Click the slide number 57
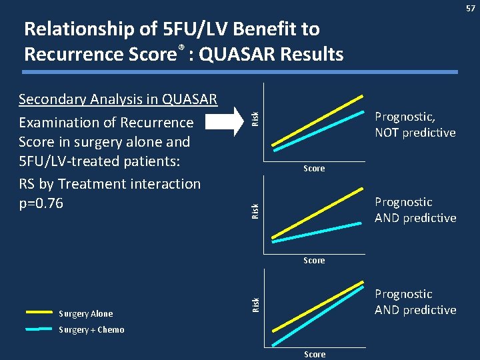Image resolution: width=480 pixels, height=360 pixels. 471,7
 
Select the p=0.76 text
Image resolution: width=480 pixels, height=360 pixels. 41,203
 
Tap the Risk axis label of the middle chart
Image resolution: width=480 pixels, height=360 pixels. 255,211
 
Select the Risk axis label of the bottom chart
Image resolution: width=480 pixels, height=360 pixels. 255,304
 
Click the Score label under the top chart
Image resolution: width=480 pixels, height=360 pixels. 314,169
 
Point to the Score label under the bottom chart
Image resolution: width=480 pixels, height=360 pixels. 315,354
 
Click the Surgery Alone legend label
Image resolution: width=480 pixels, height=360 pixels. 86,314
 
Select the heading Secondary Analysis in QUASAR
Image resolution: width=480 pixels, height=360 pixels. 118,100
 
